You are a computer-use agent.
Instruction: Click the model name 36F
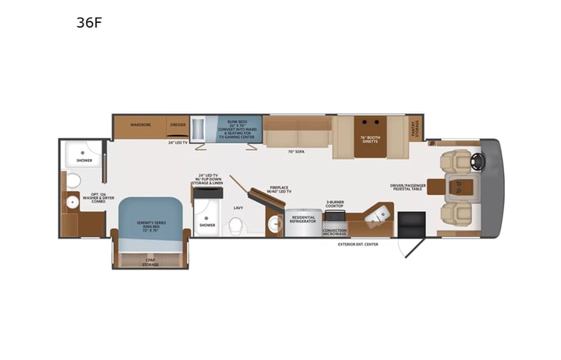(89, 22)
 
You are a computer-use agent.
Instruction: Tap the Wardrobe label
(140, 124)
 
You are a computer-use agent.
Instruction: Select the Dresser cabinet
(178, 124)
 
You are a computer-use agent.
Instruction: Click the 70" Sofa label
(297, 151)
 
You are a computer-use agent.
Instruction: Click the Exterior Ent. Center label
(358, 244)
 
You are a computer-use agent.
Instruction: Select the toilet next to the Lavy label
(236, 224)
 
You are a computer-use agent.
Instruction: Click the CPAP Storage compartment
(150, 260)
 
